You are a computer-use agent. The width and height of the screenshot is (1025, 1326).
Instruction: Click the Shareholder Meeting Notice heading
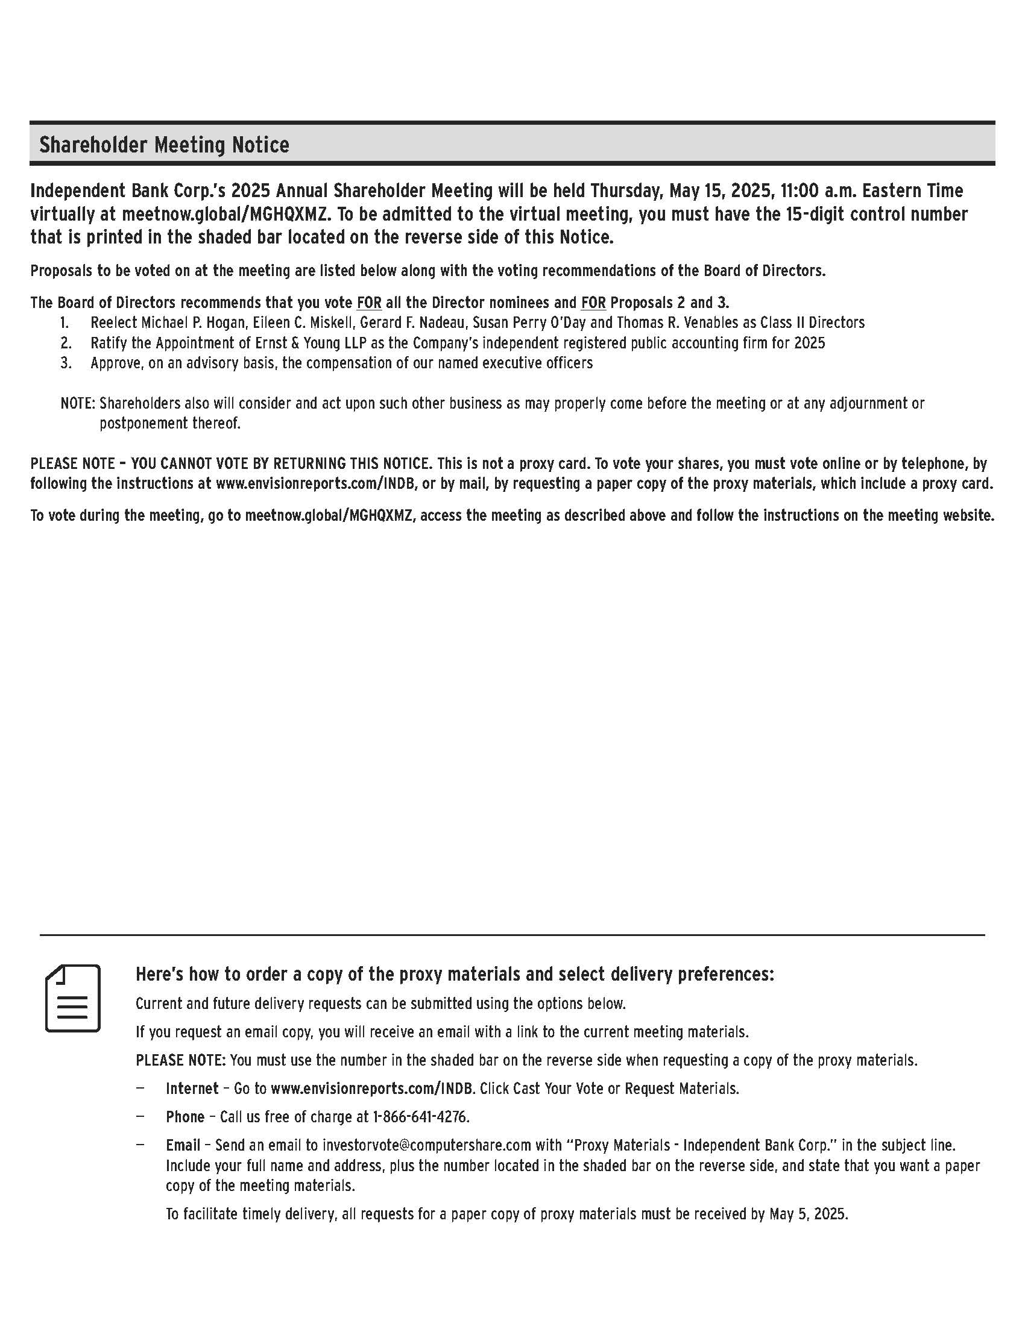tap(164, 145)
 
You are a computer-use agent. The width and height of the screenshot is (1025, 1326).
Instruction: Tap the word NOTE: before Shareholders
tap(78, 403)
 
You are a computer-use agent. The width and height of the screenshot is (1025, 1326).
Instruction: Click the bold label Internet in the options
tap(192, 1088)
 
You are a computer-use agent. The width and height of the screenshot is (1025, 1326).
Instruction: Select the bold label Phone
tap(184, 1116)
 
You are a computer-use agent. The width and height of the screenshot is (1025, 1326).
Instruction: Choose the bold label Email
tap(183, 1145)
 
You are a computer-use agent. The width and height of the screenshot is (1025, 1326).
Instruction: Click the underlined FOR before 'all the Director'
tap(368, 303)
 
